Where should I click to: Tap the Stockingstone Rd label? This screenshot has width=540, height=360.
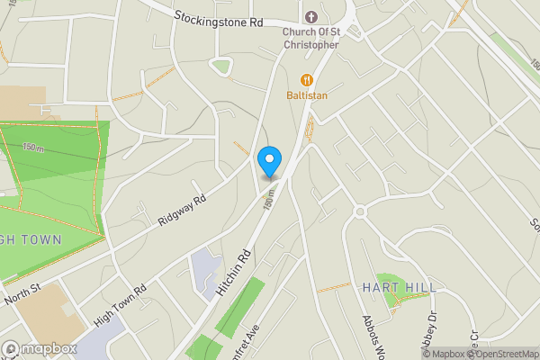219,17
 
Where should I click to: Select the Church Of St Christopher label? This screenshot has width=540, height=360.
310,38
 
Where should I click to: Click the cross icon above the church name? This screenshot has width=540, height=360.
311,17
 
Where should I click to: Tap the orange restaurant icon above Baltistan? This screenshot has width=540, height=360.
307,78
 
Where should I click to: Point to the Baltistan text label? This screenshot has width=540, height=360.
307,94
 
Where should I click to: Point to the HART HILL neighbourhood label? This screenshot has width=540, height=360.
399,287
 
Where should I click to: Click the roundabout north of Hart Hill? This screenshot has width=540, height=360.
360,212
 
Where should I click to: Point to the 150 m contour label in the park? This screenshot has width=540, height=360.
33,148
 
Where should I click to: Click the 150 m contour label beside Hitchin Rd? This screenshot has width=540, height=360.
268,201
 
